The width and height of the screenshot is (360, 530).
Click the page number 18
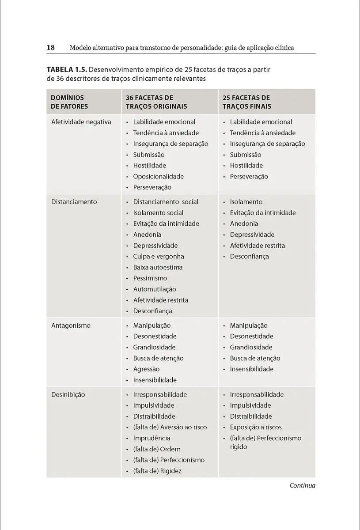(x=50, y=47)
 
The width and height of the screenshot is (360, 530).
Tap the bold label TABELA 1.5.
(x=66, y=70)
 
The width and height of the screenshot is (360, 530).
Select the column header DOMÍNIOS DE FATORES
(x=69, y=102)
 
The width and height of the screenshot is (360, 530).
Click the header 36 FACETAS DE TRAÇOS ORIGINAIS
(x=156, y=102)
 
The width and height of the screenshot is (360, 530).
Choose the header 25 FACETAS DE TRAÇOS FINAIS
(x=247, y=102)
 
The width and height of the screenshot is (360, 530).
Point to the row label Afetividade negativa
(x=81, y=122)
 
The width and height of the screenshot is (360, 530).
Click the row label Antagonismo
(x=71, y=326)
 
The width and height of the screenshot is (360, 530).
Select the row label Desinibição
(x=68, y=394)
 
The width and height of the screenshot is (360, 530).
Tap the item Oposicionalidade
(x=158, y=177)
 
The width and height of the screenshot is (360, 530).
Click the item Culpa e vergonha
(x=159, y=257)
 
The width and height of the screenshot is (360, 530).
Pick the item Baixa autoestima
(x=158, y=267)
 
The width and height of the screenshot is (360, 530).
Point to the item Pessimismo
(x=150, y=278)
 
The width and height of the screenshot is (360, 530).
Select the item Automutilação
(x=155, y=289)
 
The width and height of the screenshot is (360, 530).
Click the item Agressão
(x=146, y=369)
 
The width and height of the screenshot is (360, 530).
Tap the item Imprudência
(x=152, y=438)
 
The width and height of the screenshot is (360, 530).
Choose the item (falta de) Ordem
(x=157, y=449)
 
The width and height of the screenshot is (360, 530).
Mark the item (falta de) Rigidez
(x=157, y=471)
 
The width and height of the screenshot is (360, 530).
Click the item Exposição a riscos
(x=255, y=428)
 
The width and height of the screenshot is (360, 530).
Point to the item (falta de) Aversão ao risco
(x=170, y=428)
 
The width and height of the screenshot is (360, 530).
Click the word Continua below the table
(x=302, y=486)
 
